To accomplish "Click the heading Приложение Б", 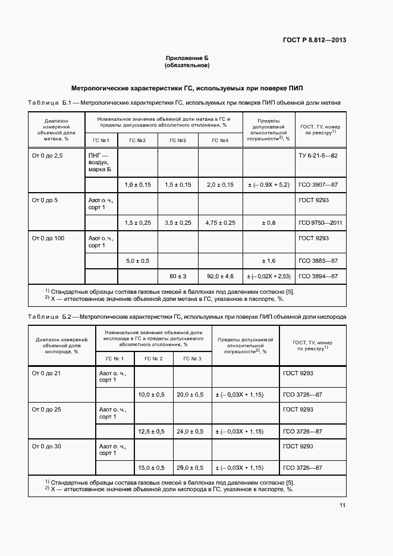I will click(187, 58).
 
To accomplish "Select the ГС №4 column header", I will click(220, 140).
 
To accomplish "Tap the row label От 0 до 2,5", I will click(46, 155).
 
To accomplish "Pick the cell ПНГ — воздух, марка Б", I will click(100, 162).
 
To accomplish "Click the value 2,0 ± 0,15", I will click(220, 185).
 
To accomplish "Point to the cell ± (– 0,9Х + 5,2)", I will click(268, 185).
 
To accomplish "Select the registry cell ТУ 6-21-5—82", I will click(317, 155).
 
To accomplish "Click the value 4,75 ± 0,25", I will click(220, 222).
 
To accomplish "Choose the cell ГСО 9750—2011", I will click(319, 222).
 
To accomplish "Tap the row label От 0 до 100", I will click(48, 238).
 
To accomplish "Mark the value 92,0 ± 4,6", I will click(220, 276).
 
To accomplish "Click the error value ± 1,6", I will click(268, 260).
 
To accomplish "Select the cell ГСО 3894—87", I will click(318, 276).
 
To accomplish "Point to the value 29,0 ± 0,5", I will click(190, 468).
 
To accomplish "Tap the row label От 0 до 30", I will click(46, 446).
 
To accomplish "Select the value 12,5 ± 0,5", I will click(152, 431).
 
